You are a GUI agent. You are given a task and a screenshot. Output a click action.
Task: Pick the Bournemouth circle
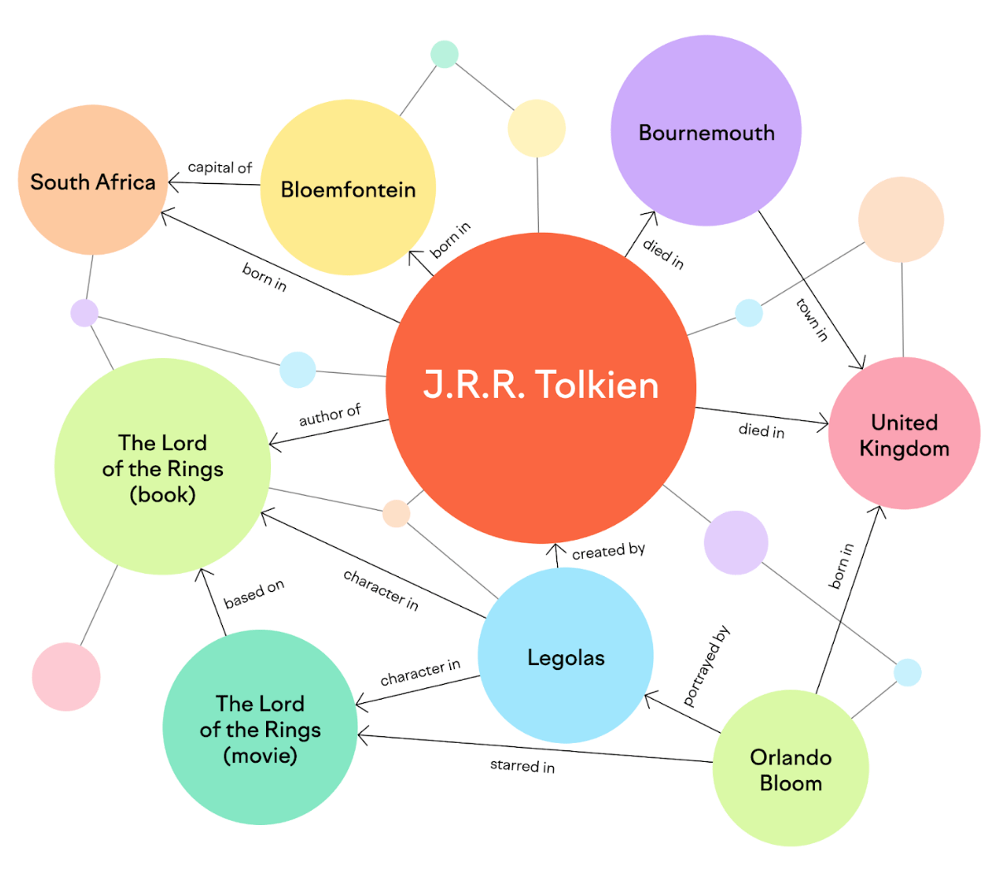coord(706,130)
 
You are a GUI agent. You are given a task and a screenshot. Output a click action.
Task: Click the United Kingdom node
coord(904,434)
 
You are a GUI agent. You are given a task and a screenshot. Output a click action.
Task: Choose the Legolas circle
coord(566,657)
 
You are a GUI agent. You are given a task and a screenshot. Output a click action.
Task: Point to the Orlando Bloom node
coord(791,769)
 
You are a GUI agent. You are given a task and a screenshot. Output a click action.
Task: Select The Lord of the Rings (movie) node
coord(260,728)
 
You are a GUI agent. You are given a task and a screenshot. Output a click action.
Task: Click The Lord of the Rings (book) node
coord(162,467)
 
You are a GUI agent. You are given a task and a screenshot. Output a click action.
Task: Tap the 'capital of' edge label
coord(220,167)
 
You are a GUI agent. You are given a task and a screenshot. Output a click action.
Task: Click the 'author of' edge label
coord(330,415)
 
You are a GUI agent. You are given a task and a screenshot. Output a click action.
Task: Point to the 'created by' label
coord(608,550)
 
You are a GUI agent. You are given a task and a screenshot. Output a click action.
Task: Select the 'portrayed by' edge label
coord(706,666)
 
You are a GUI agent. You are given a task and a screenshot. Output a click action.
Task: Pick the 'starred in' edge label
coord(522,766)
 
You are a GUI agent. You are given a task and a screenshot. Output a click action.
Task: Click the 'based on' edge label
coord(254,594)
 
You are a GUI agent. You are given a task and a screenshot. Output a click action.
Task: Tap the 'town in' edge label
coord(812,320)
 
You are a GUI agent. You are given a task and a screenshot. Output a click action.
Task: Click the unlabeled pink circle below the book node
coord(66,677)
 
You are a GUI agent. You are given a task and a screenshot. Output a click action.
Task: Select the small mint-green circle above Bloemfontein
coord(444,54)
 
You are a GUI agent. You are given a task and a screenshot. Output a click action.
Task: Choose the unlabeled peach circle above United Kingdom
coord(901,220)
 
